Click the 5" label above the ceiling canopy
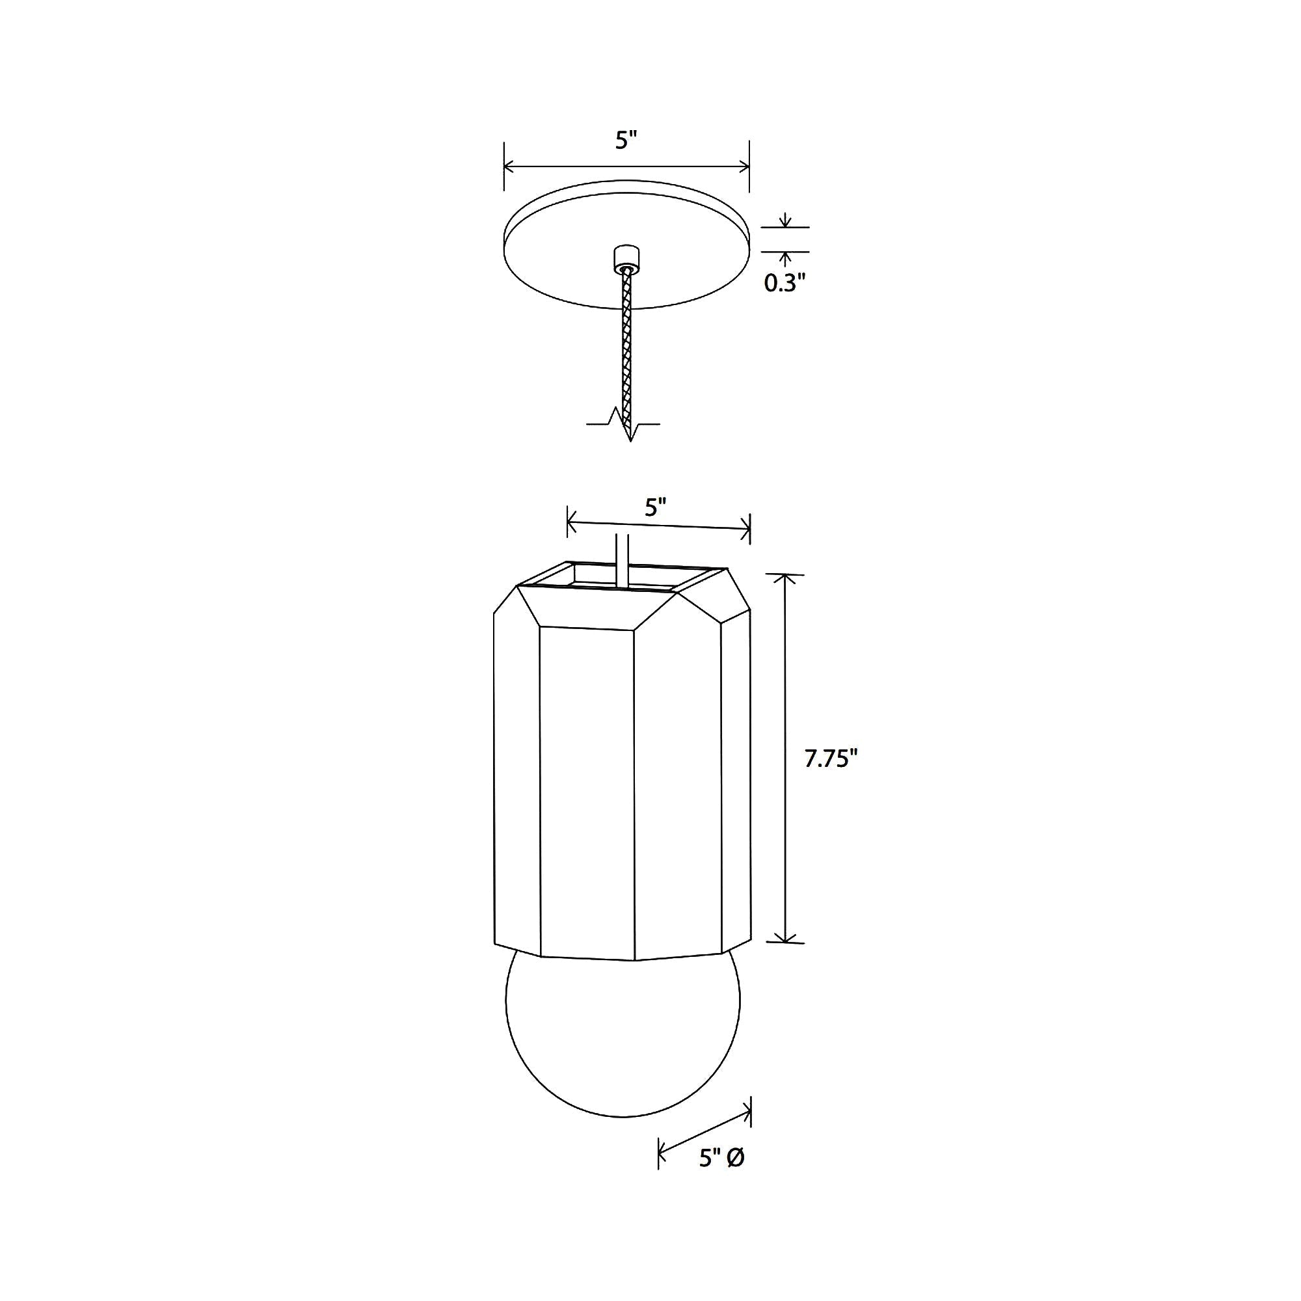626,140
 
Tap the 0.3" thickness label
785,284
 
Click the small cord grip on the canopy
626,257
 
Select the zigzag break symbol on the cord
624,423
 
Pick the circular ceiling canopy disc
626,244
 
